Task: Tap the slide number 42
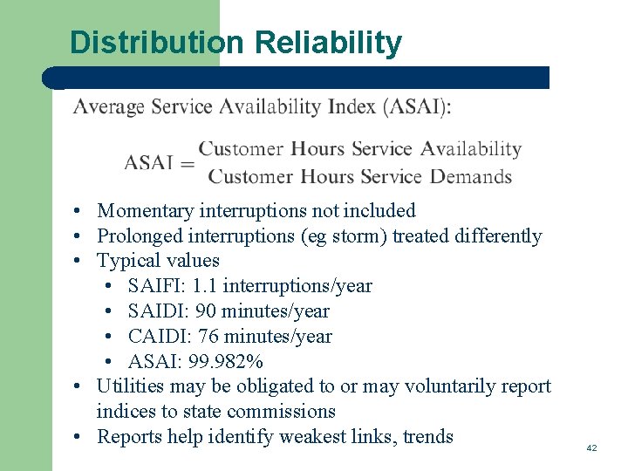(x=591, y=447)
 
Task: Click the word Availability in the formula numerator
(x=471, y=149)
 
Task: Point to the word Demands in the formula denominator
(x=471, y=176)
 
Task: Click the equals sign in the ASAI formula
(x=188, y=163)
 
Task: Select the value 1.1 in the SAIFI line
(x=206, y=286)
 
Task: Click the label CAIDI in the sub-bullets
(x=156, y=337)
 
